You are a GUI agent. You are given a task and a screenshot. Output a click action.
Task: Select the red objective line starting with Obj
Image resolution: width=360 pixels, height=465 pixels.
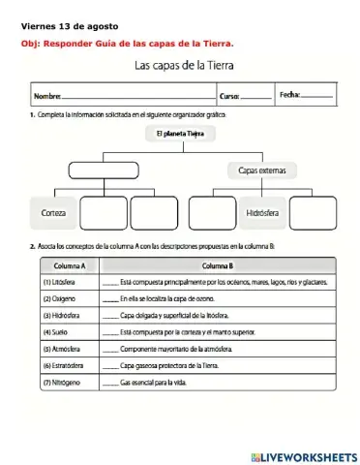pyautogui.click(x=127, y=43)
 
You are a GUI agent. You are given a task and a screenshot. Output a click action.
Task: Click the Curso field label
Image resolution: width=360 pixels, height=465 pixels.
pyautogui.click(x=229, y=97)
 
